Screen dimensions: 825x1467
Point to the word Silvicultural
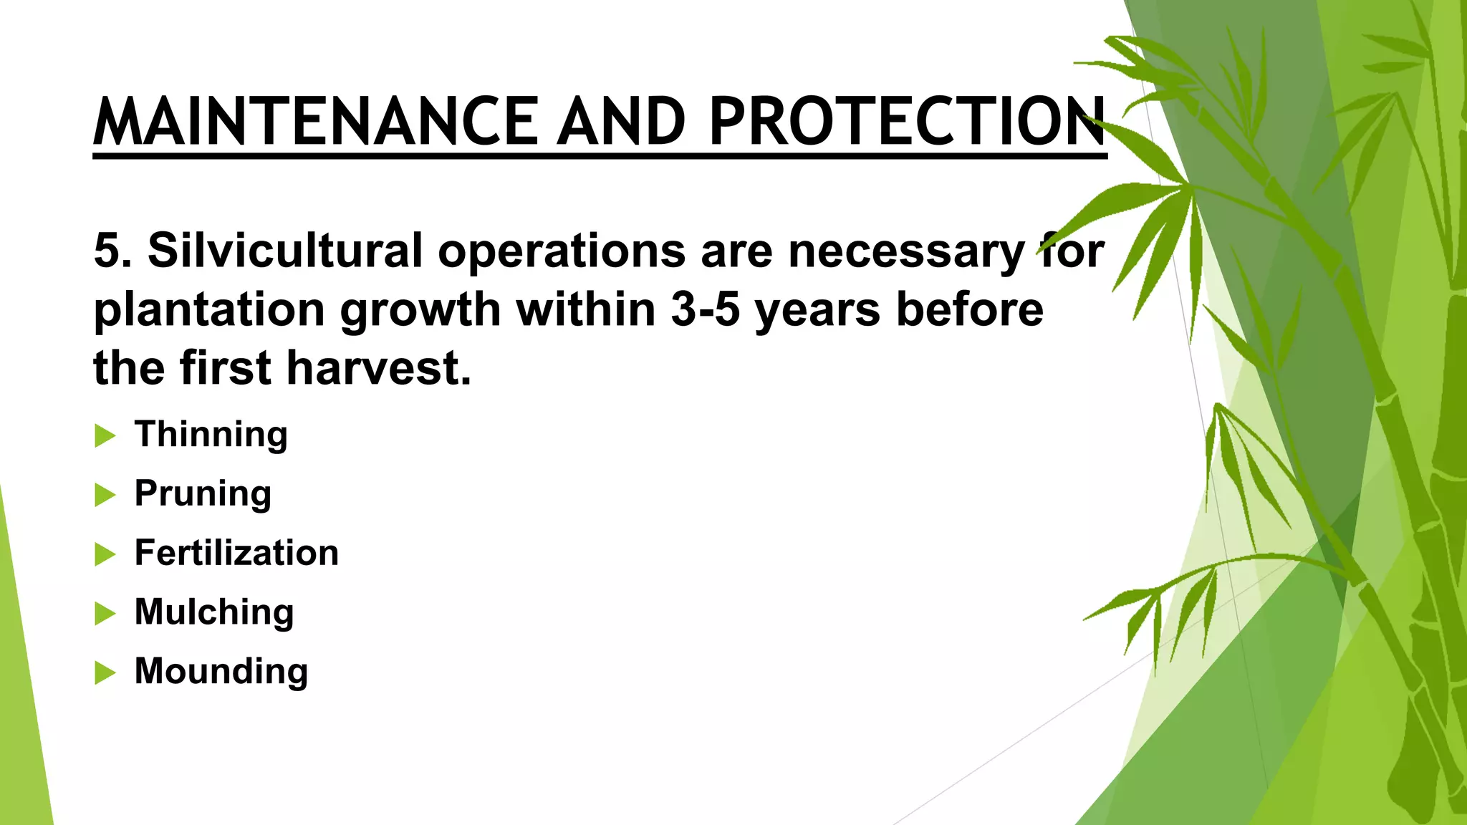coord(285,251)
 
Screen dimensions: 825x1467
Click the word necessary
coord(906,252)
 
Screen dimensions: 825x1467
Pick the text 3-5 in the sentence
coord(705,310)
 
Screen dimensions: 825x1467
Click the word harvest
coord(379,369)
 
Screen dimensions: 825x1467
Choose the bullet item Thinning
coord(211,435)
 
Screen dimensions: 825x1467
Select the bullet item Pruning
coord(203,494)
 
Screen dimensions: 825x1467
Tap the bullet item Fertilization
coord(236,553)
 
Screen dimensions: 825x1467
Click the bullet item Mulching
coord(214,612)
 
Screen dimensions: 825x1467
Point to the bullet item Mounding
coord(221,672)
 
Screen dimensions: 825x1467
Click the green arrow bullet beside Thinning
coord(105,435)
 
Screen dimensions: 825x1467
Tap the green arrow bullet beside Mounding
coord(105,672)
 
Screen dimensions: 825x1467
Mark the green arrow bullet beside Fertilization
coord(105,554)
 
